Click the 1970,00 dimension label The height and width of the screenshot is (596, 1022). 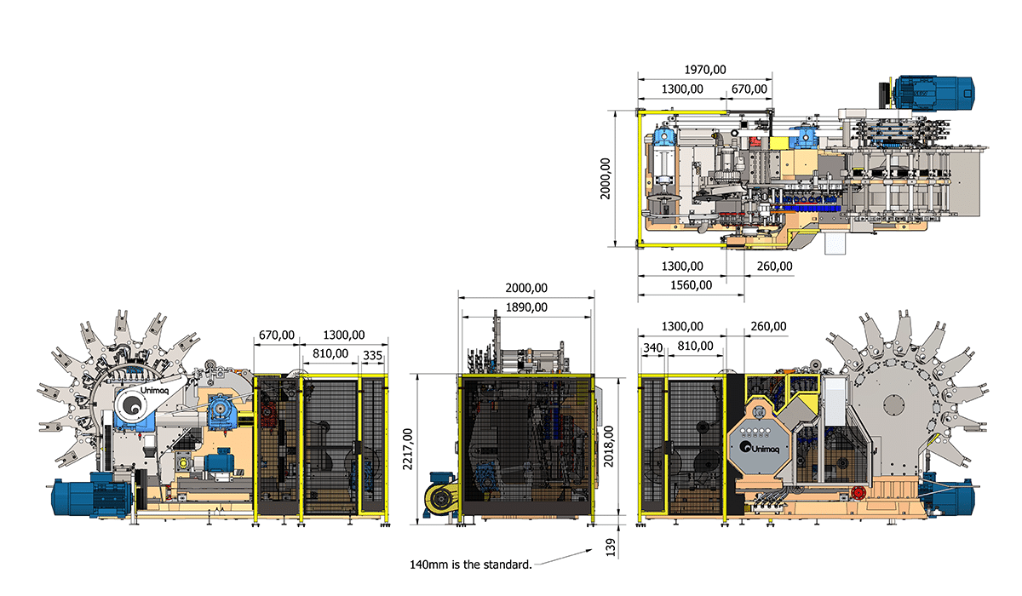[x=705, y=70]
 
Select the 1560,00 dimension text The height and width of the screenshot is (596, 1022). [x=691, y=285]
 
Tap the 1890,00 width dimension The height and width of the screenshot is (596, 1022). [x=526, y=307]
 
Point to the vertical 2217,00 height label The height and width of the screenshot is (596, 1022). [x=407, y=450]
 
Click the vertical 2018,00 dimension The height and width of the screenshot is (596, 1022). [x=609, y=446]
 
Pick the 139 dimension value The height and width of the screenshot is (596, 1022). [x=611, y=547]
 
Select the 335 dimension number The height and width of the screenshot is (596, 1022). [x=372, y=356]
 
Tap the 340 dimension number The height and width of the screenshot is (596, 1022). [x=652, y=348]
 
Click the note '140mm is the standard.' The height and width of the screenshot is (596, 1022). [x=471, y=564]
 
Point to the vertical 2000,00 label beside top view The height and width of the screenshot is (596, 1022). [x=605, y=179]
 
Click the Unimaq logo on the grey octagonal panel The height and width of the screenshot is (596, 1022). [x=760, y=448]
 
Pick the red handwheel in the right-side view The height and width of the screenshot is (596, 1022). [x=858, y=493]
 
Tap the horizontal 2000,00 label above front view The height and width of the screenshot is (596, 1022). [x=526, y=288]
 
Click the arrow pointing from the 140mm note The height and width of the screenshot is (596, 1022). [x=564, y=557]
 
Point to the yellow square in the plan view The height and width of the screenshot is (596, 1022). [x=778, y=143]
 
